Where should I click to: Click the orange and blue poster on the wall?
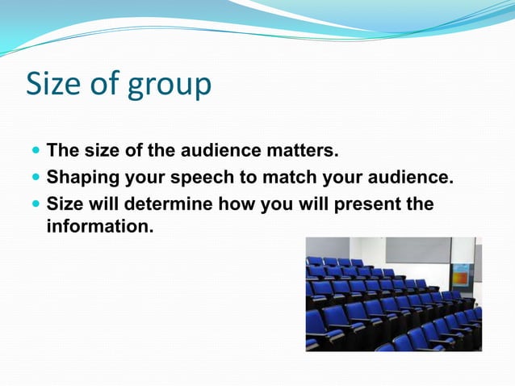461,275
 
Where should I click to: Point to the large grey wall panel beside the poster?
417,250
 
